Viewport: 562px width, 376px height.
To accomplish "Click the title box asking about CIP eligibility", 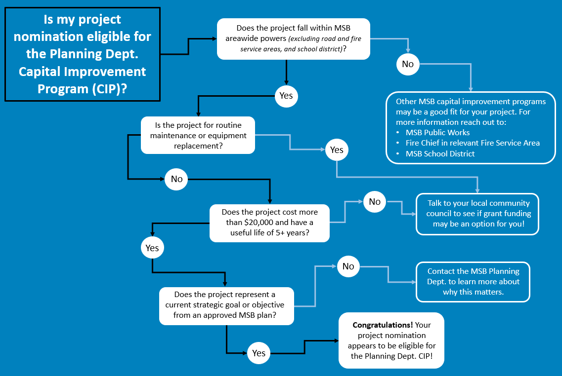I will pyautogui.click(x=82, y=55).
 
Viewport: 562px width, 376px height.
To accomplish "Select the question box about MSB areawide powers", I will pyautogui.click(x=294, y=39).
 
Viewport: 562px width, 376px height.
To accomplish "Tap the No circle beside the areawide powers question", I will pyautogui.click(x=407, y=64).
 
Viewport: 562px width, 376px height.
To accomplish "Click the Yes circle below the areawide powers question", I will pyautogui.click(x=286, y=96).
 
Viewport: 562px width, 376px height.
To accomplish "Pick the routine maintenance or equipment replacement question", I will pyautogui.click(x=198, y=135).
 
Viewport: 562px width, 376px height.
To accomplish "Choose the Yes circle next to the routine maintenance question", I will pyautogui.click(x=337, y=150).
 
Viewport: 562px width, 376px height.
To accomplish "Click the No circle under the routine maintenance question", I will pyautogui.click(x=176, y=179).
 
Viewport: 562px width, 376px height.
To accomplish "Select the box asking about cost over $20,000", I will pyautogui.click(x=269, y=223).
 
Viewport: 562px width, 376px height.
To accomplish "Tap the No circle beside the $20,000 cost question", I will pyautogui.click(x=375, y=201).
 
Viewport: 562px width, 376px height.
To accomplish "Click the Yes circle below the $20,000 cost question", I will pyautogui.click(x=152, y=248).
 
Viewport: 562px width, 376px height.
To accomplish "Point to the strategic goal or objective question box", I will pyautogui.click(x=226, y=305).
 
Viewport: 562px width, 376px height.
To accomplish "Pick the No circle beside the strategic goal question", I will pyautogui.click(x=348, y=266).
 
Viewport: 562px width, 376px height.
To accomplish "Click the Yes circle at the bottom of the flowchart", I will pyautogui.click(x=259, y=353).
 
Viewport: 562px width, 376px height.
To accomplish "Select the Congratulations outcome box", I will pyautogui.click(x=390, y=340).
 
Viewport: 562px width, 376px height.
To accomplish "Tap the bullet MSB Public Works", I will pyautogui.click(x=437, y=132).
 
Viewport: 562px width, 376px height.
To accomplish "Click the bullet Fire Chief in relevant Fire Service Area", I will pyautogui.click(x=472, y=143).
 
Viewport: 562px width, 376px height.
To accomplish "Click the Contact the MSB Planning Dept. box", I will pyautogui.click(x=473, y=282).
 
